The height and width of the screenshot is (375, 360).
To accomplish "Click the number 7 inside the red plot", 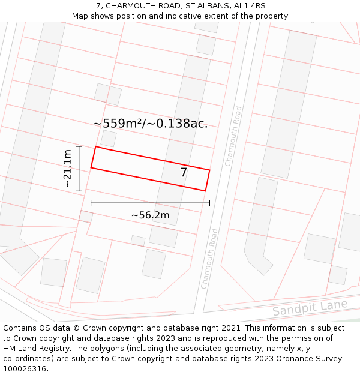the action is tap(184, 173).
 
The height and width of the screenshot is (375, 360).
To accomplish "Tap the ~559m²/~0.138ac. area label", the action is tap(151, 124).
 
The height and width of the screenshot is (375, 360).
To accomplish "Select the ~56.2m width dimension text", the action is tap(150, 215).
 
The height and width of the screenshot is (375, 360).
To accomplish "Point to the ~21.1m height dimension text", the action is tap(68, 168).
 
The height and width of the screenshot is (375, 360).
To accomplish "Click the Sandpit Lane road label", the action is tap(310, 308).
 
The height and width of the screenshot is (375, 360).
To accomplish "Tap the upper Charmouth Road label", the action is tap(233, 136).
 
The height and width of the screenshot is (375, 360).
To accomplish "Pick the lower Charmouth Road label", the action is tap(209, 258).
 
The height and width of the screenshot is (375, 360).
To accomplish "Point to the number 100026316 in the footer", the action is tap(25, 369).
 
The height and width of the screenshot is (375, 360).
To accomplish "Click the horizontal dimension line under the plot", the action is tap(150, 203).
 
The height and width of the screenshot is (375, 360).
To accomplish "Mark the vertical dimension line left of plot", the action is tap(79, 168).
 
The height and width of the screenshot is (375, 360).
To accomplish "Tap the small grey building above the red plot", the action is tap(109, 139).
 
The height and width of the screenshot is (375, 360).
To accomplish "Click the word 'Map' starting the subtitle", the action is tap(80, 16).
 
